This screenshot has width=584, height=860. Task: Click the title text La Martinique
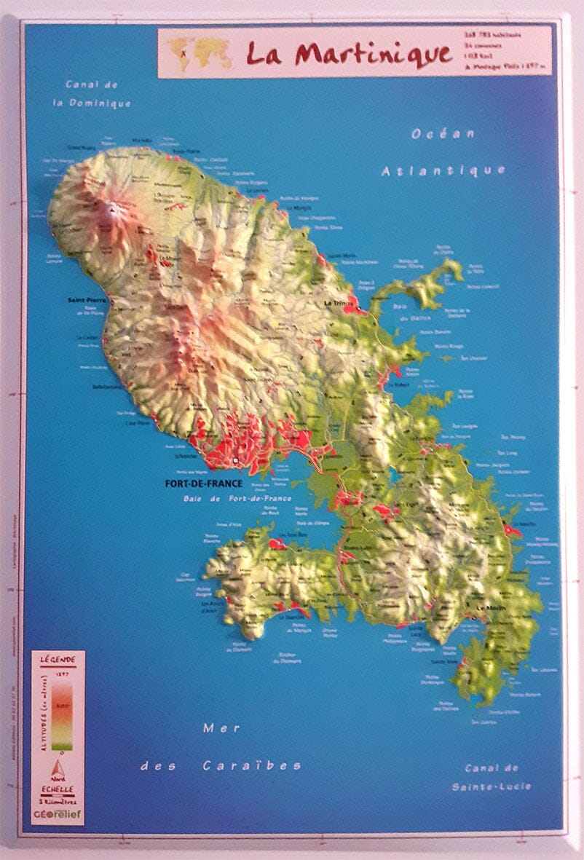(x=348, y=52)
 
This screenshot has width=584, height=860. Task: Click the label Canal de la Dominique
(x=98, y=94)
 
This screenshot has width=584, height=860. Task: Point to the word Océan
(x=443, y=134)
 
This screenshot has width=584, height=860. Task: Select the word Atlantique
(x=443, y=170)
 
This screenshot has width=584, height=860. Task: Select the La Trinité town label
(x=338, y=302)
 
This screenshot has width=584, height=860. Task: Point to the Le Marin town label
(x=490, y=607)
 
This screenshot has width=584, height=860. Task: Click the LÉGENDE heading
(x=58, y=659)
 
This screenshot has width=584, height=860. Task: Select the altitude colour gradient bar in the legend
(x=62, y=710)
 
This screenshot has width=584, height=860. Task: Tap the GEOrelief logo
(x=58, y=815)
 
